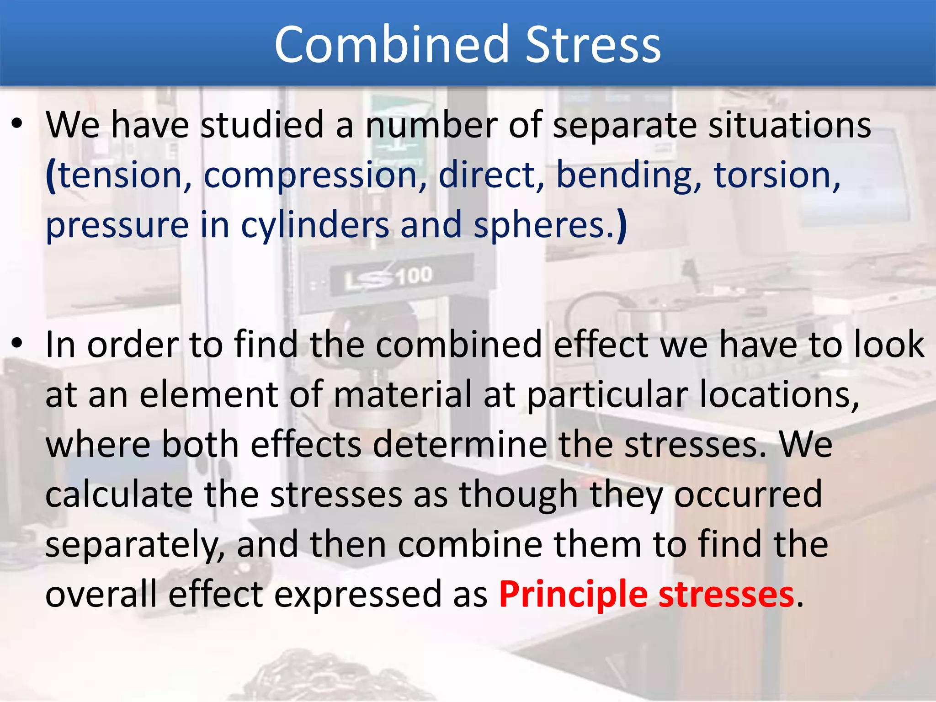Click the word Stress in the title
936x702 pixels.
pos(593,44)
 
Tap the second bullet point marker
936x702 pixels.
pos(17,343)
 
